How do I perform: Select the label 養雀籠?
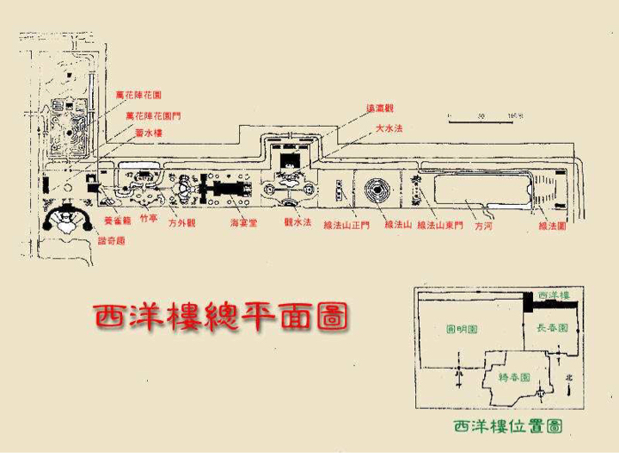pos(116,220)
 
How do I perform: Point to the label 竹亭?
pos(149,220)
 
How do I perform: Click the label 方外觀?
pos(182,223)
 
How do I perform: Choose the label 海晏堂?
pos(243,223)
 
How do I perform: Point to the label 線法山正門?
pos(346,226)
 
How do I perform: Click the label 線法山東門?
pos(440,226)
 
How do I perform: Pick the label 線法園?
pos(551,226)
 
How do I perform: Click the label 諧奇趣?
pos(113,241)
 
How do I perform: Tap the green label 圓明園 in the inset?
pos(462,329)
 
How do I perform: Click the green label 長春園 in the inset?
pos(552,328)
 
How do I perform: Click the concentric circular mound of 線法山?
pos(377,191)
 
